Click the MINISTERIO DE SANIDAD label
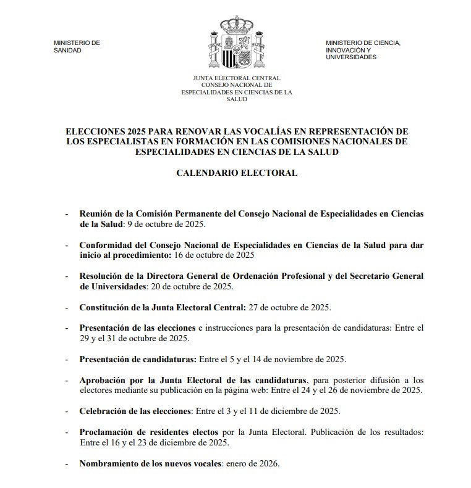pyautogui.click(x=77, y=46)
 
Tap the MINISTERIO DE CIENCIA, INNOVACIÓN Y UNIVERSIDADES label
pyautogui.click(x=363, y=49)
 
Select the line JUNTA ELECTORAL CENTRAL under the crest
pyautogui.click(x=237, y=78)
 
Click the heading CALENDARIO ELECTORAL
pyautogui.click(x=237, y=173)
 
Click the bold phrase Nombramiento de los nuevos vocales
pyautogui.click(x=150, y=463)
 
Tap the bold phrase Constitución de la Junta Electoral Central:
pyautogui.click(x=163, y=307)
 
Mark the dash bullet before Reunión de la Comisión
pyautogui.click(x=67, y=213)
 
